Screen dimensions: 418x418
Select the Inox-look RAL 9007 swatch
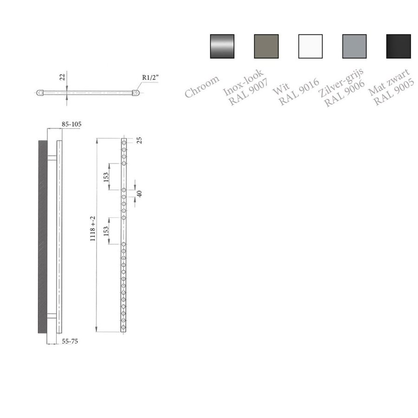tap(266, 46)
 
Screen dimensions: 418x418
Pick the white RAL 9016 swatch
tap(310, 46)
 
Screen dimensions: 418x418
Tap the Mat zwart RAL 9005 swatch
tap(398, 46)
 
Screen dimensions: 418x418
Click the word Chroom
tap(202, 86)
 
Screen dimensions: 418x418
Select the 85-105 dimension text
tap(72, 124)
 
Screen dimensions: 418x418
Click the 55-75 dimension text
tap(70, 341)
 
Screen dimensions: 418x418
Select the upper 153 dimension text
tap(106, 177)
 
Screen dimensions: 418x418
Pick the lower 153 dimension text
tap(106, 231)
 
